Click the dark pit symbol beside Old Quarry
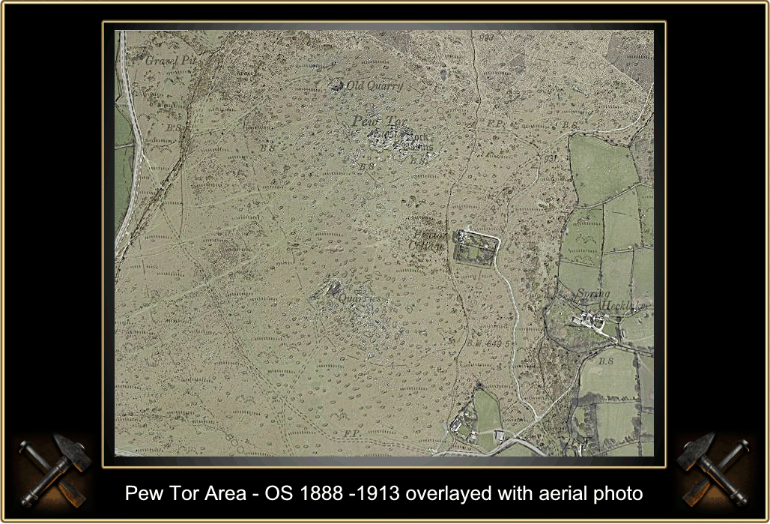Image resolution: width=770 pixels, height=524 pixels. coord(336,85)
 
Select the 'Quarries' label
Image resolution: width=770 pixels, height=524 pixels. coord(354,298)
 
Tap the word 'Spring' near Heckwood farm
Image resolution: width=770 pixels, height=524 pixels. coord(592,296)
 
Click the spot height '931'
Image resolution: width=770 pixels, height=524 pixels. coord(551,158)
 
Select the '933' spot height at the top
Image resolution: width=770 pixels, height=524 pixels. coord(487,37)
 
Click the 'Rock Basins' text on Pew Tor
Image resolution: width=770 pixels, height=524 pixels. coord(411,141)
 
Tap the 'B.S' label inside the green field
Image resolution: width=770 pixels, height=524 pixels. coord(606,362)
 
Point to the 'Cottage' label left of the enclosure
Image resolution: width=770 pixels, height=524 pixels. coord(427,246)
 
